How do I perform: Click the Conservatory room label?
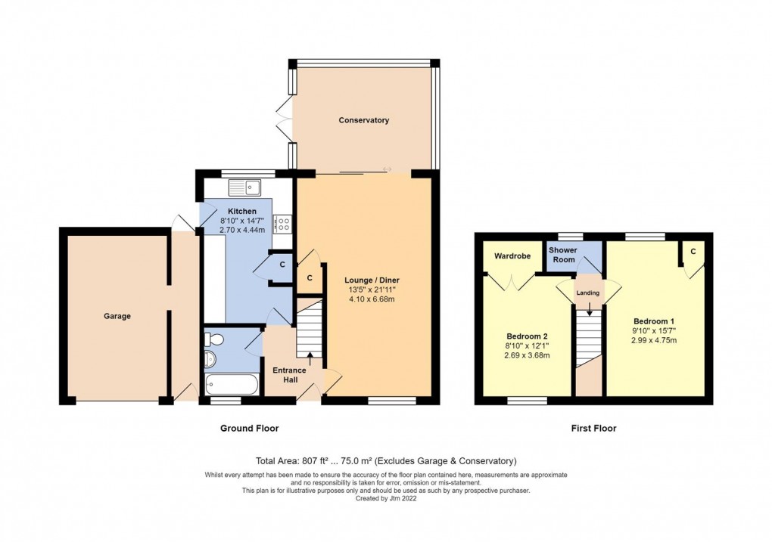tap(363, 120)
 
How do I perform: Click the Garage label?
tap(117, 316)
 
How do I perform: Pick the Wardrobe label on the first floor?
tap(512, 256)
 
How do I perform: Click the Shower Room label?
tap(562, 255)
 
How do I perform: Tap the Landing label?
tap(589, 293)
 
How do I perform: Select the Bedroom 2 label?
tap(527, 336)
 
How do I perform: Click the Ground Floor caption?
tap(249, 429)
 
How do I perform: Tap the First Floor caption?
tap(593, 429)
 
